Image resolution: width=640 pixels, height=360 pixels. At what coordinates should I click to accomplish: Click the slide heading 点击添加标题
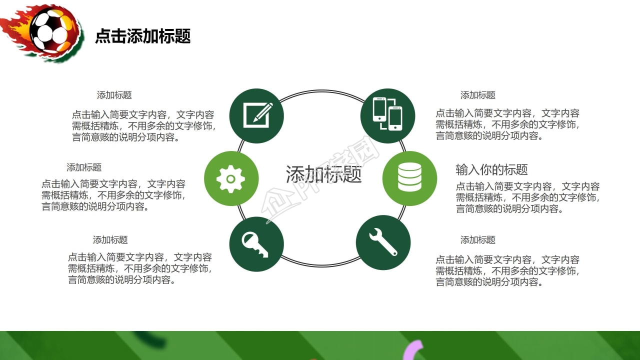(143, 36)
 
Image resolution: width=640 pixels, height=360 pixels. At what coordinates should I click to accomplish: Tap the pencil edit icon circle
(256, 116)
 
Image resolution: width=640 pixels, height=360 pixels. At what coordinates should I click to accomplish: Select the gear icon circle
(231, 178)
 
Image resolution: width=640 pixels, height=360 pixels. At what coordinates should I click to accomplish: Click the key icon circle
(256, 244)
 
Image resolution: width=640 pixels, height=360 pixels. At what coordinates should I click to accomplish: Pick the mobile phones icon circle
(387, 115)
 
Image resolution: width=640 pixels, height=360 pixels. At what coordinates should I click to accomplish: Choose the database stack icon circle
(409, 178)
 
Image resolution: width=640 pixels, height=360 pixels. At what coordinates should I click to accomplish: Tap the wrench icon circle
(383, 242)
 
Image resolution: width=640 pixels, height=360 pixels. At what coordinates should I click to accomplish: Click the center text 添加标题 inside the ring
(323, 174)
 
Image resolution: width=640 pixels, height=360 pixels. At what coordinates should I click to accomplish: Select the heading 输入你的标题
(491, 169)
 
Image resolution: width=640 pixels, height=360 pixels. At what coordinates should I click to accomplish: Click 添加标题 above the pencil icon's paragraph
(114, 95)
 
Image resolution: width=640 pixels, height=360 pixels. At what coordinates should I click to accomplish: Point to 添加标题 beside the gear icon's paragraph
(84, 167)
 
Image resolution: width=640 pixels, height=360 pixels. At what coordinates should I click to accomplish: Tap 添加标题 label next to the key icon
(110, 240)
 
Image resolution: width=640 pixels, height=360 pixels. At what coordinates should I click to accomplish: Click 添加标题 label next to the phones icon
(477, 95)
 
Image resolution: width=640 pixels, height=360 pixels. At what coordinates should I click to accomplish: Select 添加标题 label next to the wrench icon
(477, 240)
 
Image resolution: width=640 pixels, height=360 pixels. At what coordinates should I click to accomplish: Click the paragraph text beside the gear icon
(113, 195)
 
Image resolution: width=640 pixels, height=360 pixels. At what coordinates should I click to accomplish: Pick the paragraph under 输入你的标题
(527, 197)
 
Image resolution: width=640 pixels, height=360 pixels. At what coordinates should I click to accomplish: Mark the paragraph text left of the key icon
(140, 268)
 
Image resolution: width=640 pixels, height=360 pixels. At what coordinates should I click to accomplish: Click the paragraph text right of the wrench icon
(507, 271)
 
